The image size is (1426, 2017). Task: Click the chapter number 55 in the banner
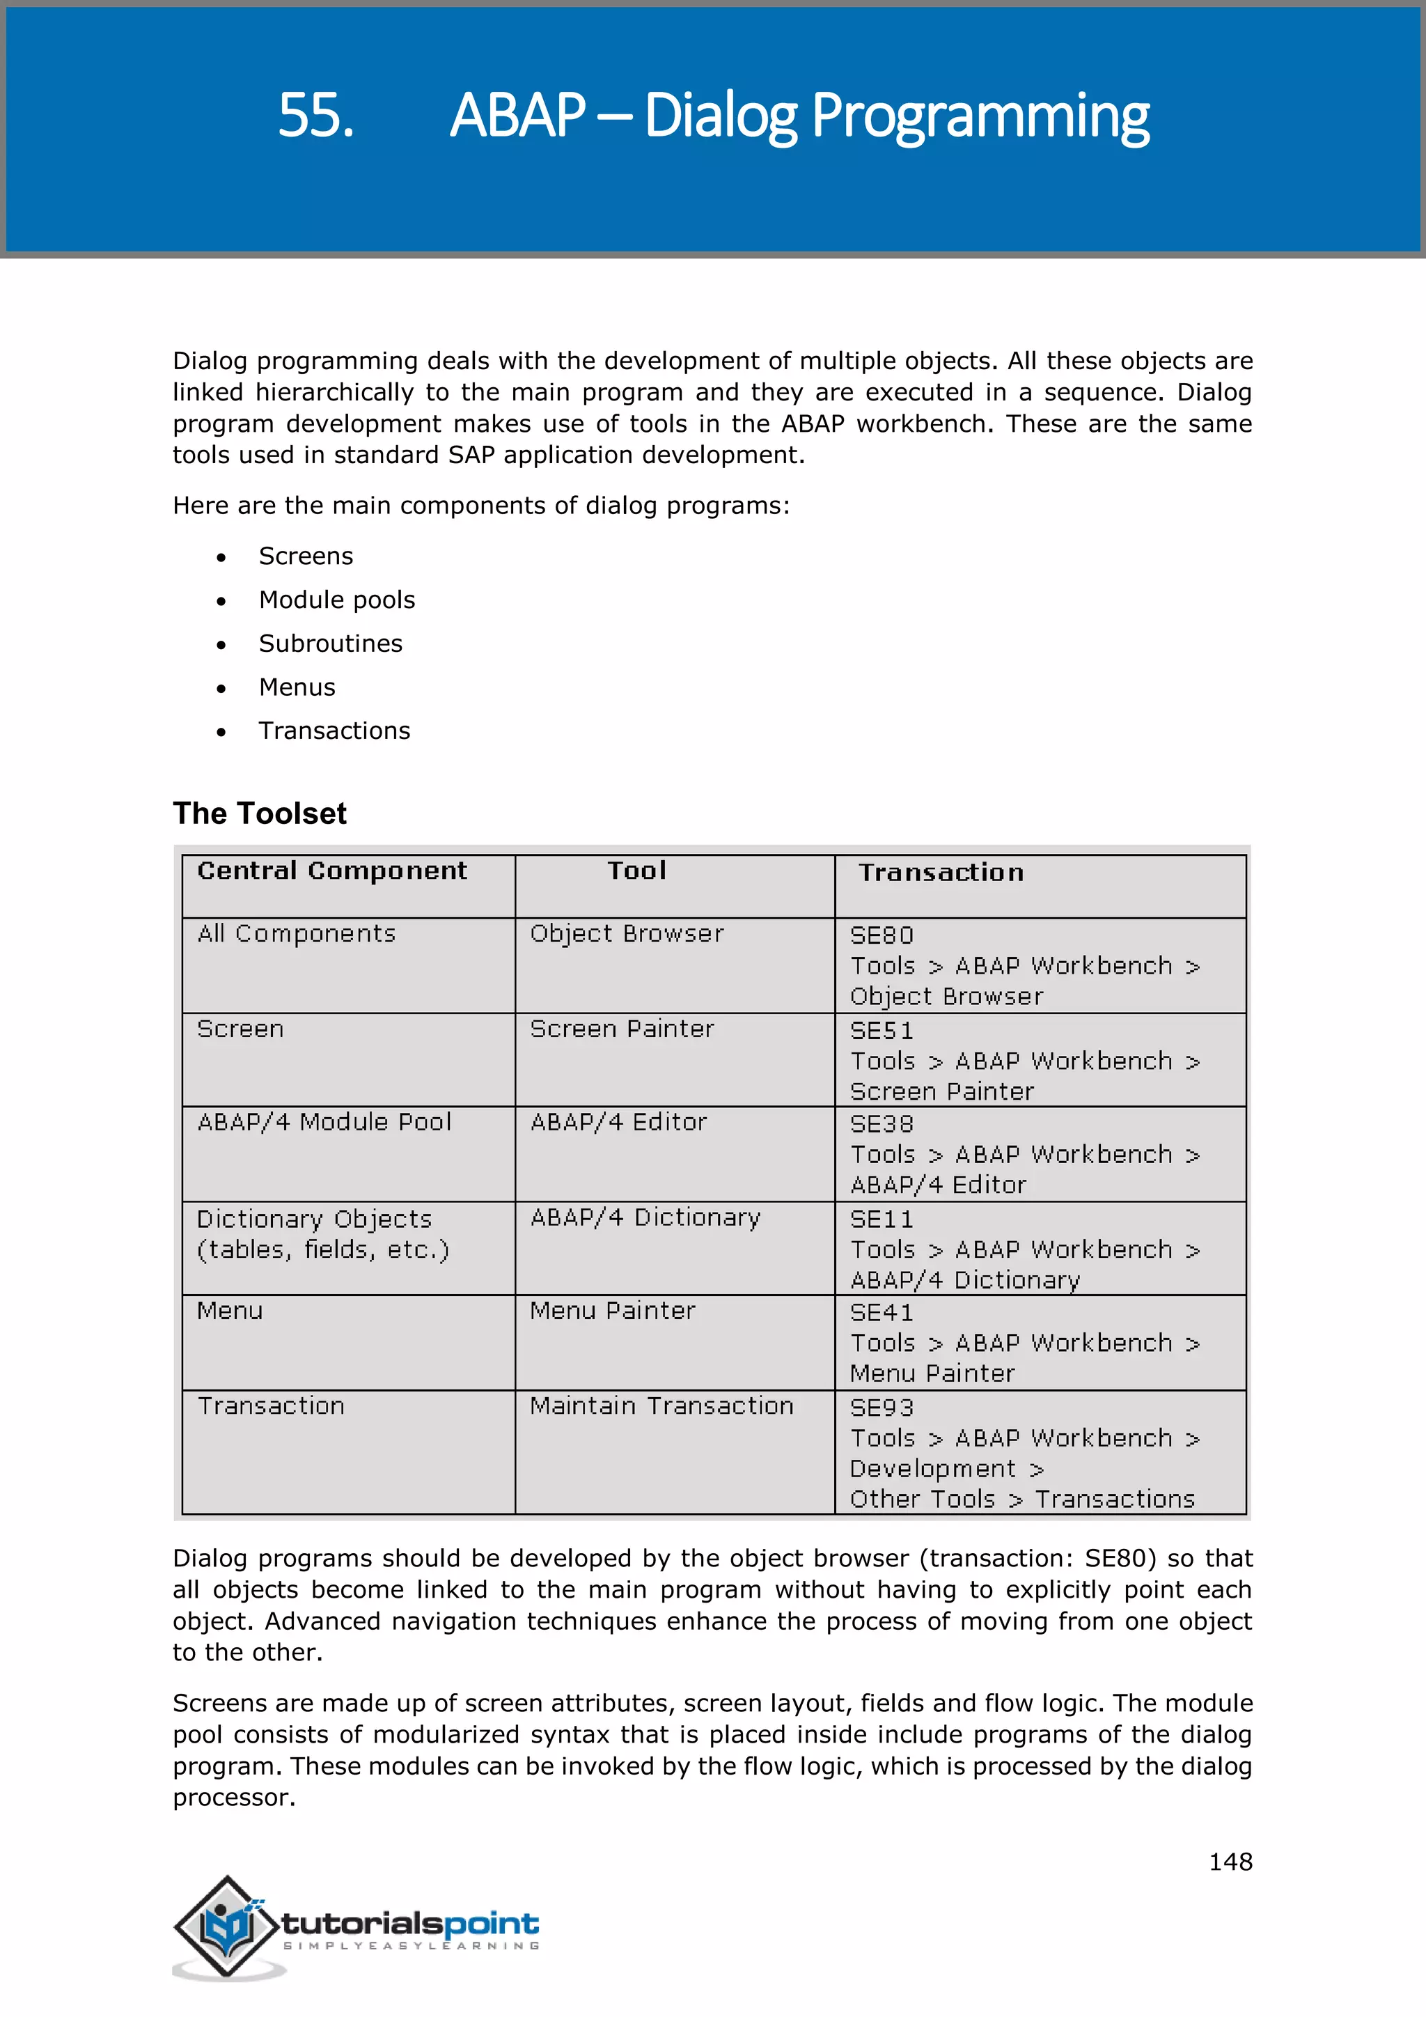315,116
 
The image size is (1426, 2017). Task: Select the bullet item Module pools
336,600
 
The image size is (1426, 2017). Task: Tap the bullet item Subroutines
330,644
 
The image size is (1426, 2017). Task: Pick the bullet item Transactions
334,731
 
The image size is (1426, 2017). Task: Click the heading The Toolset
259,813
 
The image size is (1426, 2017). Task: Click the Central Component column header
332,871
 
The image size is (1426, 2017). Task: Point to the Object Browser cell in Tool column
627,934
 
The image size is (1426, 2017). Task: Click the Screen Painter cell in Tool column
622,1029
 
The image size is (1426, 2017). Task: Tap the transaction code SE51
882,1031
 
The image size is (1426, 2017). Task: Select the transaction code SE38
882,1124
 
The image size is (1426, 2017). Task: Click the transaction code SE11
882,1220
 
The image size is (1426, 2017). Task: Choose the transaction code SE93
882,1408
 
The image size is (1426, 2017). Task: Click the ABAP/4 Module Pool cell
324,1123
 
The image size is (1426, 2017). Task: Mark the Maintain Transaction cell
661,1406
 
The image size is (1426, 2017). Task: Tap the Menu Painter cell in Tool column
612,1311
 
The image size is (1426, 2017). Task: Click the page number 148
1230,1862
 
